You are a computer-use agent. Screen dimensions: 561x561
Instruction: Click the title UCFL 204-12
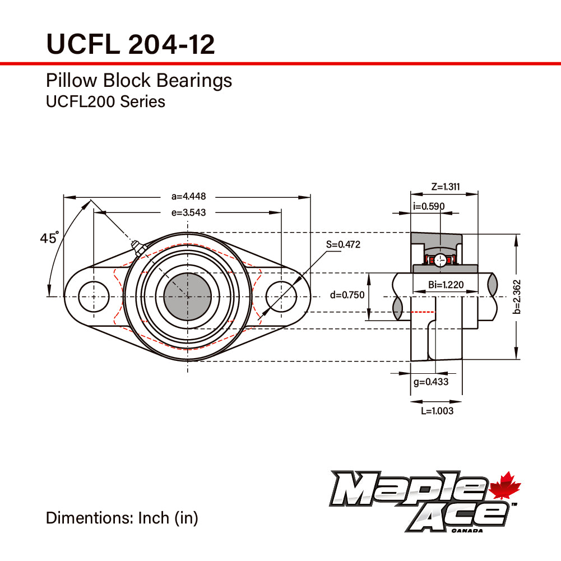[130, 44]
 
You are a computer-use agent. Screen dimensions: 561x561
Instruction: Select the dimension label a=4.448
[189, 197]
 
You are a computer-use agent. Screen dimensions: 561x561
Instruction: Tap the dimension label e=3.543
[189, 212]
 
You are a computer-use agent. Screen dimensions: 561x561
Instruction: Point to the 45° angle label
[49, 238]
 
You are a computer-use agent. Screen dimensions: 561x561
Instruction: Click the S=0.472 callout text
[343, 244]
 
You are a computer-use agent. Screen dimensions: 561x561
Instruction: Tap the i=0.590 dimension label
[429, 206]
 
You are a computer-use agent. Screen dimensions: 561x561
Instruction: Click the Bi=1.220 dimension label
[446, 285]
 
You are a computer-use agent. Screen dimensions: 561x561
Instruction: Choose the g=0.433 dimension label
[430, 382]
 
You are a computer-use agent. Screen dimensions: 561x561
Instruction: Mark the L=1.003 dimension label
[437, 411]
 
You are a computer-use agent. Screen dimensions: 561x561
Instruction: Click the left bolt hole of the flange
[94, 296]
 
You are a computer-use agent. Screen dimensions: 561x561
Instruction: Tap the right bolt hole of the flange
[281, 296]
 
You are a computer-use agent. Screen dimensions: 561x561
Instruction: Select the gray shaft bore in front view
[187, 296]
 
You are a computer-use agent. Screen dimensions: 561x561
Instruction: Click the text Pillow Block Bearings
[138, 81]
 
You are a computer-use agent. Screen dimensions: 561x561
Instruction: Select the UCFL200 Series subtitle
[105, 101]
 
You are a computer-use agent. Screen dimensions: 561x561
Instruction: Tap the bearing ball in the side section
[441, 259]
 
